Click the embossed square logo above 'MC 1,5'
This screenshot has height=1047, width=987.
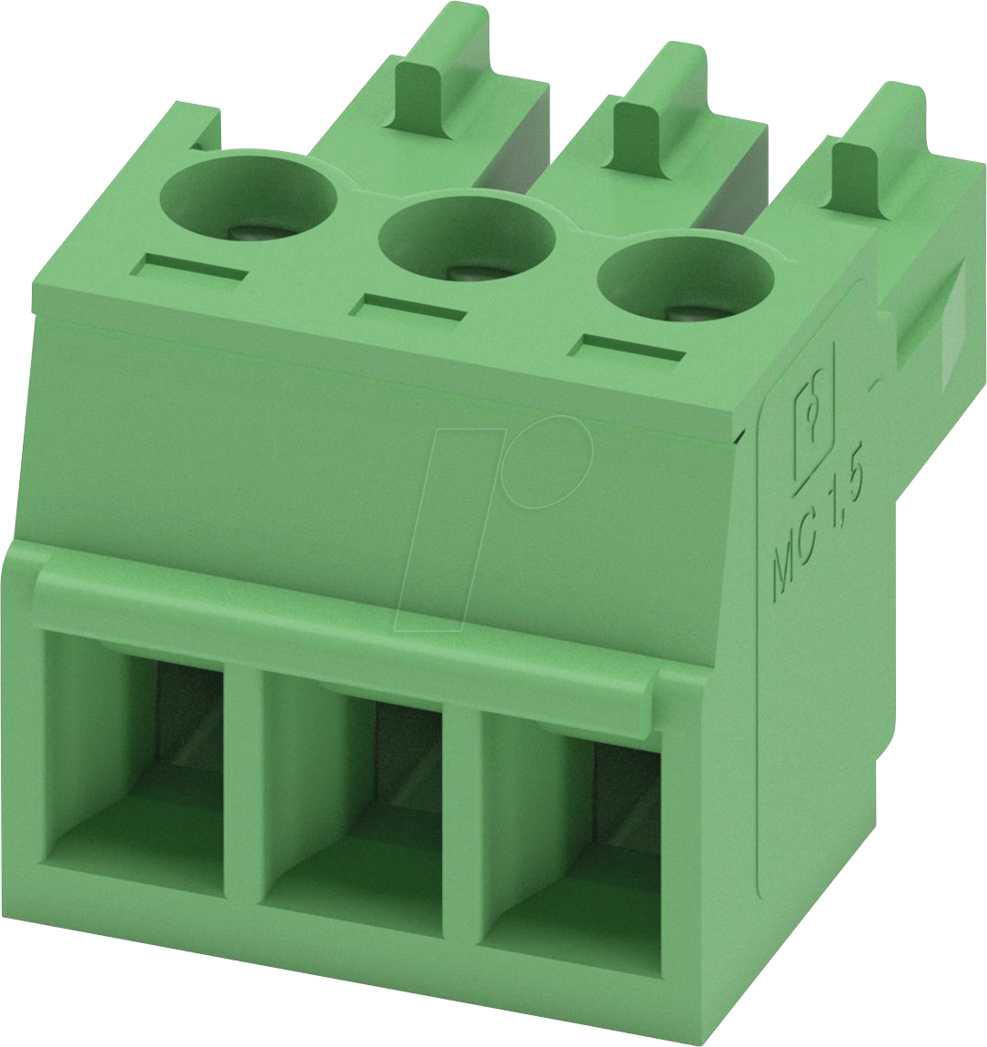815,428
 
